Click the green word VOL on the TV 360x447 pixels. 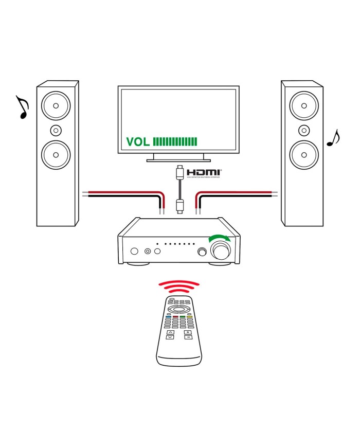pyautogui.click(x=138, y=142)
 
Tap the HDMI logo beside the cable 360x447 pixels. pyautogui.click(x=204, y=173)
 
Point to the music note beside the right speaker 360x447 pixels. pyautogui.click(x=334, y=137)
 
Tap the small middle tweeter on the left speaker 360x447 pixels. pyautogui.click(x=55, y=129)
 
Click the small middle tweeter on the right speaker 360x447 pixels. pyautogui.click(x=303, y=129)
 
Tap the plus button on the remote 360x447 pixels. pyautogui.click(x=188, y=332)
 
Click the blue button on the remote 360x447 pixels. pyautogui.click(x=168, y=317)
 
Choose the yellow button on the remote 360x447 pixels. pyautogui.click(x=189, y=317)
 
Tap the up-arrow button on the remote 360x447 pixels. pyautogui.click(x=171, y=332)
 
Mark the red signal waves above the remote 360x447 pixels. pyautogui.click(x=178, y=287)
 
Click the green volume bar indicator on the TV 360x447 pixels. pyautogui.click(x=175, y=142)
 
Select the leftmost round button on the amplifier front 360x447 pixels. pyautogui.click(x=135, y=252)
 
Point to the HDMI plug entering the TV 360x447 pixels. pyautogui.click(x=178, y=170)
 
